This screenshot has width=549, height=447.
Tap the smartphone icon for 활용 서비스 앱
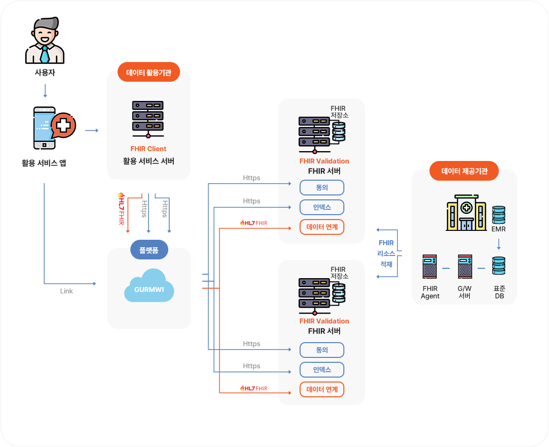45,128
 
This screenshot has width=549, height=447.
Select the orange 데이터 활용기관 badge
149,73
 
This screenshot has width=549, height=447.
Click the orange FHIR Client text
148,149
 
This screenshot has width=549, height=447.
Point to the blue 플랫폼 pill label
149,250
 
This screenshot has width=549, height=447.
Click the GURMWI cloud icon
149,286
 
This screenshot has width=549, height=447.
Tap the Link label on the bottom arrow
66,291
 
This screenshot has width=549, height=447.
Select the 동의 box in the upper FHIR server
322,188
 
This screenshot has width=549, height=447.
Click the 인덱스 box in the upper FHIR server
322,207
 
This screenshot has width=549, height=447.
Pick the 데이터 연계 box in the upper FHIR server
322,227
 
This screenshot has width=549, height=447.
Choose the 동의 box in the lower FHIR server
322,350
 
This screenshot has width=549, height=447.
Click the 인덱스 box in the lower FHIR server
322,370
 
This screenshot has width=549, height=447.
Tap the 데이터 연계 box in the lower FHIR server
322,389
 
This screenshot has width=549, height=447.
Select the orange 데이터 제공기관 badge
464,171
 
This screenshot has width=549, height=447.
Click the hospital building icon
465,213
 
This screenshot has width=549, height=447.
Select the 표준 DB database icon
499,266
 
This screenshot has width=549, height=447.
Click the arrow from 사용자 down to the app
45,91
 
